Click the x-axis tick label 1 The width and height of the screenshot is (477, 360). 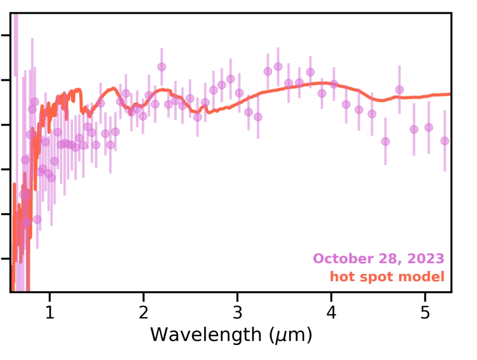50,313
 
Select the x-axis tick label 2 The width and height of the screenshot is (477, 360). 143,313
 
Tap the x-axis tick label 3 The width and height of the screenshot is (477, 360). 237,313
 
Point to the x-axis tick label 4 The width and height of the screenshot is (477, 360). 331,313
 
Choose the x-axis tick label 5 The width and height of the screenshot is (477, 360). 425,313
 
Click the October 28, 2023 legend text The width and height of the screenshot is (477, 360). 379,259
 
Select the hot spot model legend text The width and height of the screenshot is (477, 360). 387,277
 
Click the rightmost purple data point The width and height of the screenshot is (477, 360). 445,141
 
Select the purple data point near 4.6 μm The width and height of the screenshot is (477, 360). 385,141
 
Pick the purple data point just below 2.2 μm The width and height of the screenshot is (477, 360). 161,66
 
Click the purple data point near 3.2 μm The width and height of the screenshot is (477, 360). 258,117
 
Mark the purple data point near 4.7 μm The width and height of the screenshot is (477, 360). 399,89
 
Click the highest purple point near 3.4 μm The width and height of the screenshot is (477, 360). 278,66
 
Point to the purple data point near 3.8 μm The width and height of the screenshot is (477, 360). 310,72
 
